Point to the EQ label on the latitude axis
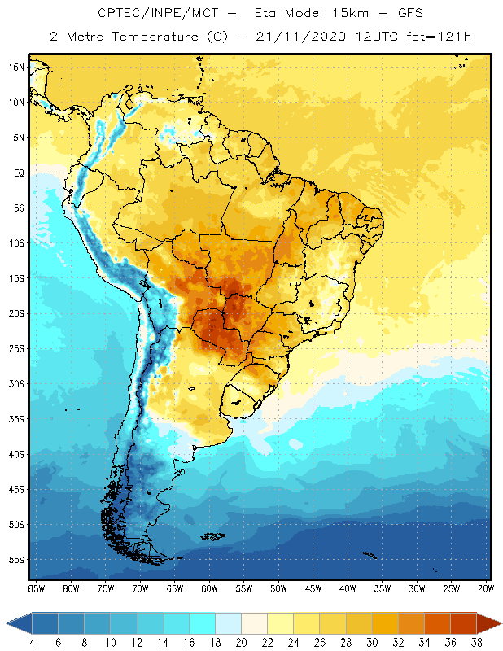[x=18, y=173]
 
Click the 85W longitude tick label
[x=36, y=588]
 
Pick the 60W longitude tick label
[x=209, y=588]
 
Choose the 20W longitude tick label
[x=486, y=588]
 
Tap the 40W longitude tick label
[x=348, y=588]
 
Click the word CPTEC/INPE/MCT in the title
[x=147, y=13]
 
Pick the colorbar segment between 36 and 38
[x=464, y=623]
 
